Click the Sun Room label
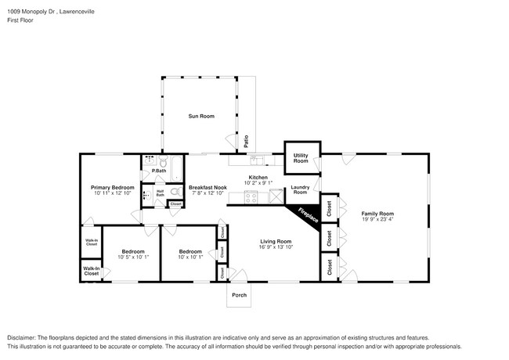(200, 117)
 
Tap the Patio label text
(246, 142)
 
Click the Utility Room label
(300, 159)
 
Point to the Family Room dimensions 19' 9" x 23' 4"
(377, 220)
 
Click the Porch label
(239, 295)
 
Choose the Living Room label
(275, 241)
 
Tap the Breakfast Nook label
(208, 188)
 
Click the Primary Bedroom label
(112, 188)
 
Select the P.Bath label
(158, 171)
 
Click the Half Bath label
(160, 193)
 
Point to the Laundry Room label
(300, 189)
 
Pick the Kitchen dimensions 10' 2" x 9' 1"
(258, 185)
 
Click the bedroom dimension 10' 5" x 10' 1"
(132, 257)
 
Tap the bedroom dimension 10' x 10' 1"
(190, 257)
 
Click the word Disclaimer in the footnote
(23, 337)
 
